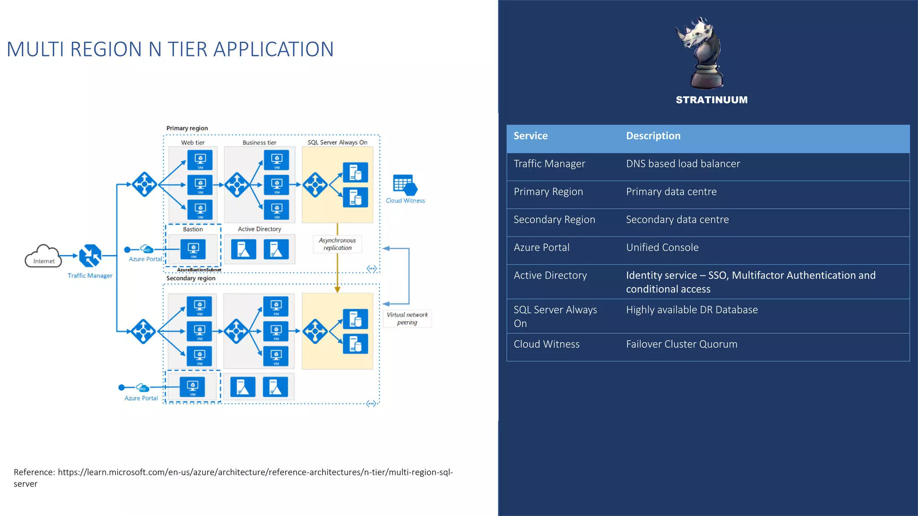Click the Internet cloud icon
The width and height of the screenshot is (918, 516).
click(x=43, y=256)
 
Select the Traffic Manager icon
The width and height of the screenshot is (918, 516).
click(x=90, y=255)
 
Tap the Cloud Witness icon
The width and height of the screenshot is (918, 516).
click(x=405, y=185)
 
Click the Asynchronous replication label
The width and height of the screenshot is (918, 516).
click(x=338, y=244)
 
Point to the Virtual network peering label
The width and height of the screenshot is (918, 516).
click(x=407, y=318)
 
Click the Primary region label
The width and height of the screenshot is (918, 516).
click(x=187, y=128)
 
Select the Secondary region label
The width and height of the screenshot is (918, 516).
click(x=191, y=278)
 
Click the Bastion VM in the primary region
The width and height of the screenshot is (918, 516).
click(x=193, y=249)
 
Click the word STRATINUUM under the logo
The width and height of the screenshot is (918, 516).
click(x=711, y=100)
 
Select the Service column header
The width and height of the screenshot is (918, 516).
click(x=530, y=136)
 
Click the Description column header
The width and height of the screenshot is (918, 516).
click(x=653, y=136)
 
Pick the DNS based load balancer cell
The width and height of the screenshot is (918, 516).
click(x=683, y=164)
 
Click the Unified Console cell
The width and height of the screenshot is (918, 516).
click(x=662, y=248)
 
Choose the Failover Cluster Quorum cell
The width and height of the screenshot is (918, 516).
click(x=681, y=344)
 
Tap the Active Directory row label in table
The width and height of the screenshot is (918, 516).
click(x=550, y=275)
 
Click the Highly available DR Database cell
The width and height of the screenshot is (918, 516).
click(x=692, y=310)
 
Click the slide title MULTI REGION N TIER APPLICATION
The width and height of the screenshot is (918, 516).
click(x=170, y=49)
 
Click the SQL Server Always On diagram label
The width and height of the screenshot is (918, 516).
click(x=337, y=142)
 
